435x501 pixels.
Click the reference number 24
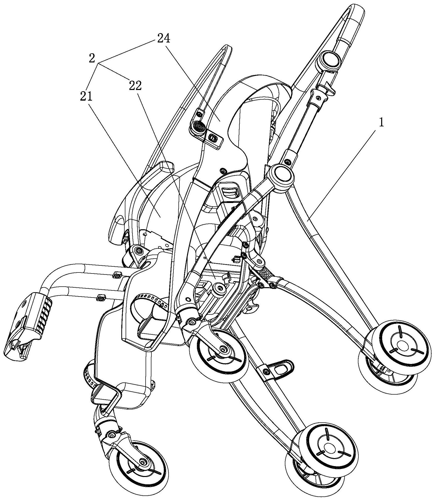pos(164,39)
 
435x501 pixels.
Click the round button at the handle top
pos(330,61)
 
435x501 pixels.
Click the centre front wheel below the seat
pos(219,353)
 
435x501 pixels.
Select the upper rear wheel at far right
pos(401,345)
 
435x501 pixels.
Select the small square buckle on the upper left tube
pos(117,274)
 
